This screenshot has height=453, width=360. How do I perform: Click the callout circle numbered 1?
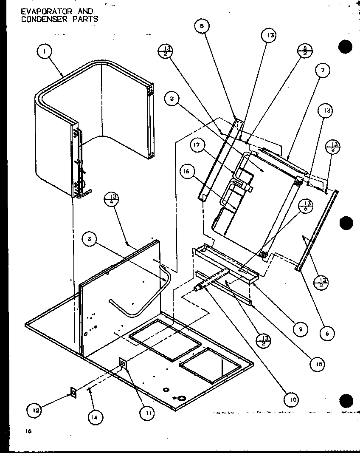pyautogui.click(x=45, y=52)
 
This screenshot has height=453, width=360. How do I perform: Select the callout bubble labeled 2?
pyautogui.click(x=172, y=99)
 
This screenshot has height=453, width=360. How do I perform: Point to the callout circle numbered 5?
pyautogui.click(x=202, y=26)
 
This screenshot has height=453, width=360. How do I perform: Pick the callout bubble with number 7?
pyautogui.click(x=322, y=71)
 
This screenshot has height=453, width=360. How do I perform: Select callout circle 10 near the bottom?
pyautogui.click(x=292, y=399)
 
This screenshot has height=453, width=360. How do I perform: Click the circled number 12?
pyautogui.click(x=34, y=411)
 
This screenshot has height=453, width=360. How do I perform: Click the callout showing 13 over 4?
pyautogui.click(x=113, y=199)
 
